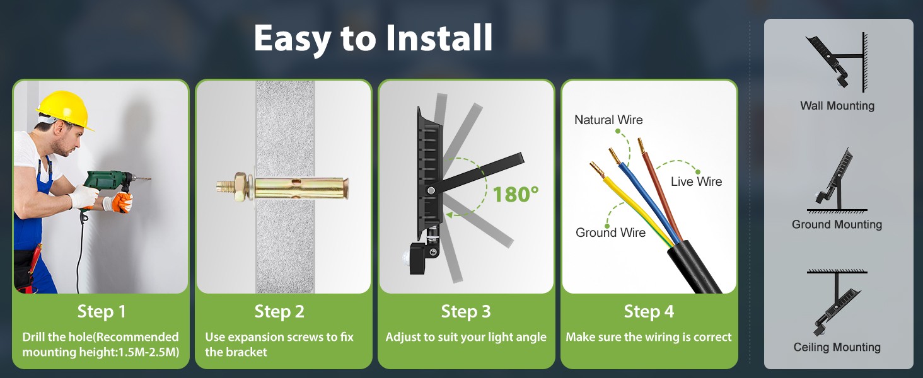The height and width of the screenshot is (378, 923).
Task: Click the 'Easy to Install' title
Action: (x=373, y=38)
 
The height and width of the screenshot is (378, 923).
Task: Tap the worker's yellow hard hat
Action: (x=66, y=110)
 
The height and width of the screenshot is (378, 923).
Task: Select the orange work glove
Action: (x=122, y=202)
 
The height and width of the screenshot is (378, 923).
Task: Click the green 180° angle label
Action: (x=516, y=194)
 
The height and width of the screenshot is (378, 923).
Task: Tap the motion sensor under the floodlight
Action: (x=423, y=257)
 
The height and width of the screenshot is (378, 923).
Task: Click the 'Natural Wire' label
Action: (x=608, y=120)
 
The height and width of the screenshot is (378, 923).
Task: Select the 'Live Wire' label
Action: (x=697, y=181)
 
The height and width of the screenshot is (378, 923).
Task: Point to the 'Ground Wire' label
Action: (x=610, y=232)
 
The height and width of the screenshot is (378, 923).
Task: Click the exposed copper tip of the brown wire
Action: (x=641, y=146)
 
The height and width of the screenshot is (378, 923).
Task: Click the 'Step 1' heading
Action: (x=102, y=312)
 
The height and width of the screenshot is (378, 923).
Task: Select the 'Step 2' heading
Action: (x=279, y=312)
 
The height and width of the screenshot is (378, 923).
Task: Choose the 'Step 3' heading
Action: (x=466, y=312)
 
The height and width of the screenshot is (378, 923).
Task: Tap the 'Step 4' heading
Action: (x=649, y=312)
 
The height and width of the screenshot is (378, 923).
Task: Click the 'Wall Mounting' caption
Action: (x=837, y=106)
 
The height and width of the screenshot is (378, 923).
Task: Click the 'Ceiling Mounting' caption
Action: (x=837, y=348)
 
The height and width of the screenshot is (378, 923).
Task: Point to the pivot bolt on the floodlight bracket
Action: (x=431, y=191)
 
